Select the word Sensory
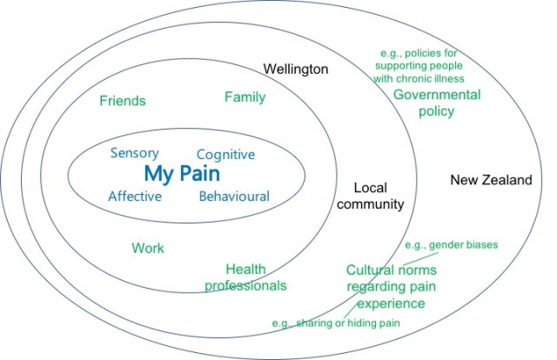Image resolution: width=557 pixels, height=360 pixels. click(134, 153)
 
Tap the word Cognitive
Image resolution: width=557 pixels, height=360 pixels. click(225, 154)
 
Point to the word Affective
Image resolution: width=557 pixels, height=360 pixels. click(135, 196)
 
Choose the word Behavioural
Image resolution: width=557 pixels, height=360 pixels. click(234, 196)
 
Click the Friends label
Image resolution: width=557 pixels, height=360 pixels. click(122, 101)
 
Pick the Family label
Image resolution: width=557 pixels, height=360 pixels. click(245, 97)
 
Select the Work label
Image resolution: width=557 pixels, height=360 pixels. click(148, 248)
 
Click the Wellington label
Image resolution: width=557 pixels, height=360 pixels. click(296, 68)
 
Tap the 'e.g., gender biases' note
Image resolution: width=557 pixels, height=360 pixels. click(452, 245)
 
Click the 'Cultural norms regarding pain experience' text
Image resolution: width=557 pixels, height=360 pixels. click(385, 287)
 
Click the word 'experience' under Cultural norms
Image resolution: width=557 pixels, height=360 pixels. click(385, 303)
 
